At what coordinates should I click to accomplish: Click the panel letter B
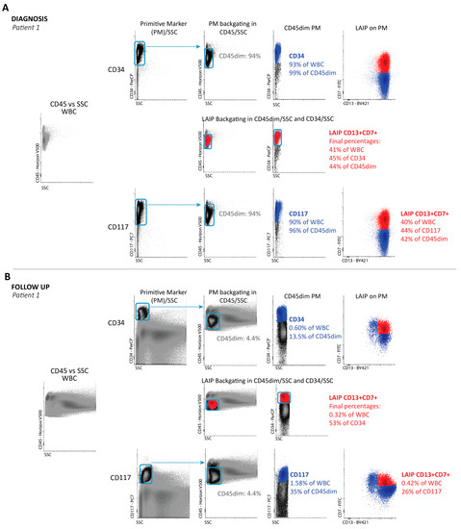[x=8, y=276]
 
